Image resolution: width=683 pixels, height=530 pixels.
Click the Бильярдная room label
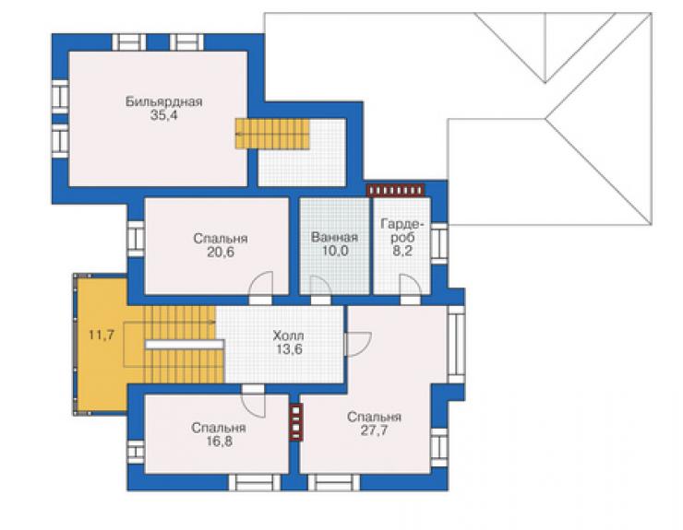pos(163,101)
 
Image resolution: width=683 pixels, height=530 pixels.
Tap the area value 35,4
pos(163,116)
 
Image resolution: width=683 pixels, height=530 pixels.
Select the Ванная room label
pos(334,237)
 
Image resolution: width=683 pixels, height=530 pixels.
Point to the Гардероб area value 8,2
pos(402,251)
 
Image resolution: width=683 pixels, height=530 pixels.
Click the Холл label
pos(288,336)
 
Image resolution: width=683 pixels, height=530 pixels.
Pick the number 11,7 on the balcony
pos(102,335)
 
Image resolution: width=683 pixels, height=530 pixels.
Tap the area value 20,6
pos(221,252)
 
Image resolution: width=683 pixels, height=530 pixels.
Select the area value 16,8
pos(219,442)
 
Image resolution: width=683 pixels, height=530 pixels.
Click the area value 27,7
pos(374,430)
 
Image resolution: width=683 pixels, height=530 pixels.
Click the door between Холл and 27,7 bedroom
pos(357,344)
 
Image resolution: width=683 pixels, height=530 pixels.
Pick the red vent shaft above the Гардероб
pos(396,190)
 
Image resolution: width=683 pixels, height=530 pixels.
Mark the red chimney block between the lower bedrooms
pos(296,422)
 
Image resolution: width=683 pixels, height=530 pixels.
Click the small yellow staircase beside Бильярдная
pos(272,134)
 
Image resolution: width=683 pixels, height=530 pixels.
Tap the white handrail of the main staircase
pos(185,344)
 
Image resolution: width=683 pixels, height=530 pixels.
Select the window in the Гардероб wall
pos(439,243)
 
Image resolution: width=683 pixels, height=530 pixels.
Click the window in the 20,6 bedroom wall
pos(136,239)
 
